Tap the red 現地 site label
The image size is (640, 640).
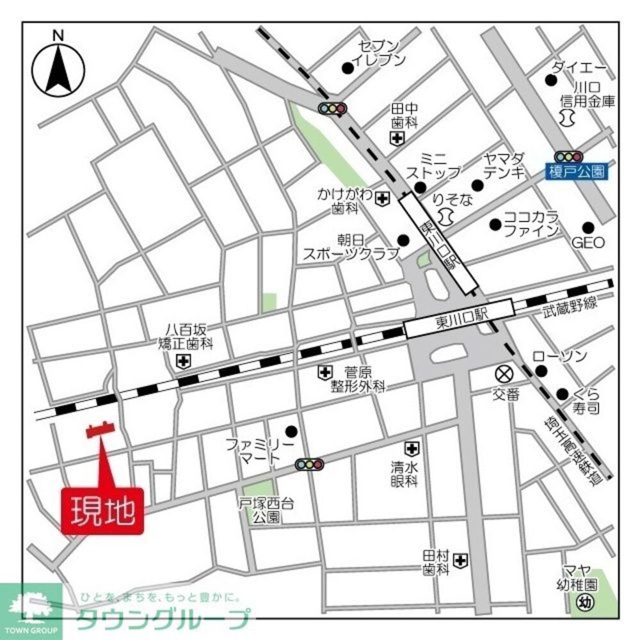point(103,511)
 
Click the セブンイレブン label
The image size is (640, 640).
point(382,53)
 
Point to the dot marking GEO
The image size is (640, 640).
point(588,227)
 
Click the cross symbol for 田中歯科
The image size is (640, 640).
point(398,138)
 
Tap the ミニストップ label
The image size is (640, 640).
point(434,165)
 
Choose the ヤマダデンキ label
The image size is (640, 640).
point(504,164)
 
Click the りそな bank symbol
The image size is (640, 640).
point(448,218)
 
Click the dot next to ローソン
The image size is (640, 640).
point(541,371)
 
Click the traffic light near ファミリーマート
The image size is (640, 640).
point(310,464)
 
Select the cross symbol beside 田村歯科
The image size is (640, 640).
point(460,561)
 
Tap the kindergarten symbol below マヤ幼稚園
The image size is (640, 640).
point(584,602)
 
